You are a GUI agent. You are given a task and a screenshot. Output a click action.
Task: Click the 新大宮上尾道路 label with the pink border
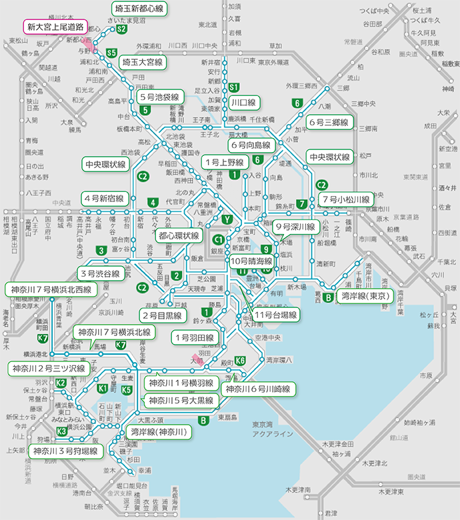click(55, 27)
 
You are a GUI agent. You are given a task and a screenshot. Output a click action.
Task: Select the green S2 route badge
click(121, 29)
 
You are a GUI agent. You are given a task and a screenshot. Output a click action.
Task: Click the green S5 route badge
click(111, 53)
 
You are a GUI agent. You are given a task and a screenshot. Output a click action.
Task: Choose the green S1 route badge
click(233, 87)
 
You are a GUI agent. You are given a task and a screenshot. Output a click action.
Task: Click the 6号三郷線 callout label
click(329, 123)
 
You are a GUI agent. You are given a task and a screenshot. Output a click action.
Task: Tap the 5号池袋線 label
click(160, 97)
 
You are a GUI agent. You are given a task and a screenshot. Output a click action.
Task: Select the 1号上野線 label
click(224, 162)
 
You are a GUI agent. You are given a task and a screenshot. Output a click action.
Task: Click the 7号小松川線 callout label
click(345, 199)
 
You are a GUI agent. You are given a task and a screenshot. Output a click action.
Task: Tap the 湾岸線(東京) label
click(365, 295)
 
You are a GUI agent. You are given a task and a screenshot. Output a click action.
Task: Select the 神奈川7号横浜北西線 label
click(51, 290)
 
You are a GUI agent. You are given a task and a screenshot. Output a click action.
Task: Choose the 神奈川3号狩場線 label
click(65, 451)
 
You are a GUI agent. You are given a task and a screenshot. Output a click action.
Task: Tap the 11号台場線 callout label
click(276, 314)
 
